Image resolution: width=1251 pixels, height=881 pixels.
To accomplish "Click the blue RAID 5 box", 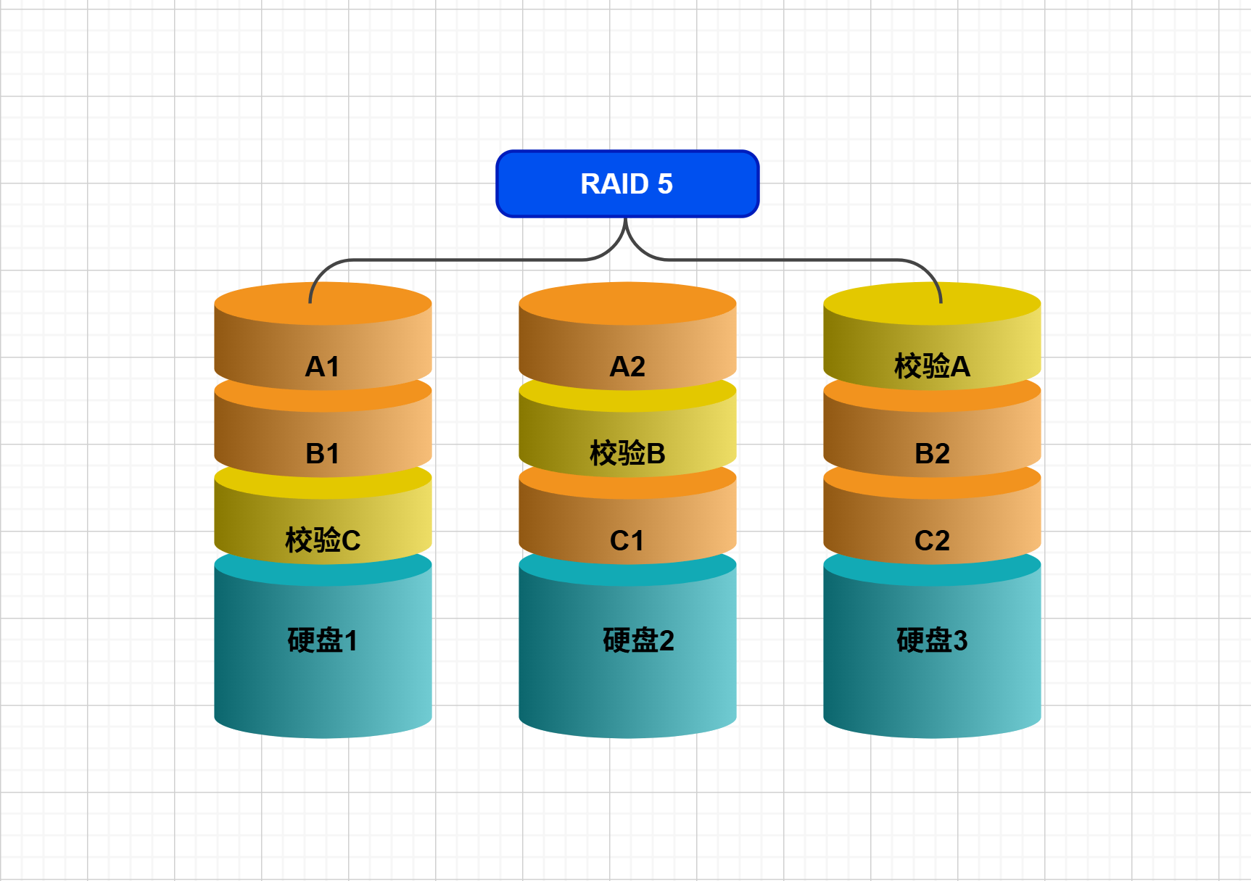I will pos(627,183).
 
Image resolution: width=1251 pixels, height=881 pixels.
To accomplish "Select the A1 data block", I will pos(323,366).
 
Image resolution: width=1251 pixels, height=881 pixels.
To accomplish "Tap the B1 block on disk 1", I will pos(323,453).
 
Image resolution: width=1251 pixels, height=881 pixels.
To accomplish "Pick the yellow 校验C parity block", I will pos(323,540).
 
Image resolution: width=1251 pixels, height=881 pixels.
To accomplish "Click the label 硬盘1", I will pos(323,640).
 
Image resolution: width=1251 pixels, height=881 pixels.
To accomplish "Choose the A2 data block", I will pos(627,366).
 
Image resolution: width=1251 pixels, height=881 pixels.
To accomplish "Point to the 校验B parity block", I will pos(627,453).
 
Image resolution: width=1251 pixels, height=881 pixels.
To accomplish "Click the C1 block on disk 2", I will pos(627,540).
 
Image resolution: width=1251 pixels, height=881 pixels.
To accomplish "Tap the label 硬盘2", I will pos(638,640).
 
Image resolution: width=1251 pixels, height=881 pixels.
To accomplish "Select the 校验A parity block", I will pos(932,366).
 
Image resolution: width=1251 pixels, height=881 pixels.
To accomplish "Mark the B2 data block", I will pos(932,453).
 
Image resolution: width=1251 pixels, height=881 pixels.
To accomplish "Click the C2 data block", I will pos(932,540).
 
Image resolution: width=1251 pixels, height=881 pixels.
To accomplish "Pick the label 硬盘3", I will pos(932,640).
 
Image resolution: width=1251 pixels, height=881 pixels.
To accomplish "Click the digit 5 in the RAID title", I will pos(665,184).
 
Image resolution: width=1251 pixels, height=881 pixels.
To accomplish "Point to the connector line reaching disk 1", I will pos(435,260).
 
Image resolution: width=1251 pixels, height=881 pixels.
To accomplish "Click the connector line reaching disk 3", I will pos(798,260).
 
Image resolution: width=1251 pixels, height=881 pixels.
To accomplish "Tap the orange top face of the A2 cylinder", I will pos(627,303).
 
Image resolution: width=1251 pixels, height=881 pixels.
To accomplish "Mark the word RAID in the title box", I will pos(614,184).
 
